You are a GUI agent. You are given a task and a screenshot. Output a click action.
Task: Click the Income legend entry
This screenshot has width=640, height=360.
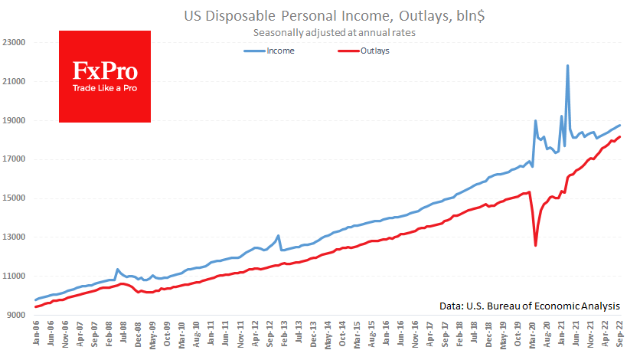pyautogui.click(x=280, y=51)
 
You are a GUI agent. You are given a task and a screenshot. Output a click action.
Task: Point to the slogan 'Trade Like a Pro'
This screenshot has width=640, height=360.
pyautogui.click(x=105, y=88)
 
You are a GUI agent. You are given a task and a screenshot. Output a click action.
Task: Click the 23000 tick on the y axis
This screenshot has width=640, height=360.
pyautogui.click(x=15, y=42)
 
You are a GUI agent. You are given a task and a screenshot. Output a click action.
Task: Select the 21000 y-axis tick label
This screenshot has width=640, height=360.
pyautogui.click(x=15, y=81)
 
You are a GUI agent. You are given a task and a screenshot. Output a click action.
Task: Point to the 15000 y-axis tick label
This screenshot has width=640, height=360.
pyautogui.click(x=15, y=198)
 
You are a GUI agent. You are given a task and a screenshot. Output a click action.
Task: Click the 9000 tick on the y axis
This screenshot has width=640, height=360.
pyautogui.click(x=17, y=314)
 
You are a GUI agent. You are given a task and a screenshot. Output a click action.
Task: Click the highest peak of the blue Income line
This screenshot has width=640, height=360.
pyautogui.click(x=567, y=66)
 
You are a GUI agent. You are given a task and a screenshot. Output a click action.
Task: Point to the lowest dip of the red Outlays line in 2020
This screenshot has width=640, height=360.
pyautogui.click(x=535, y=245)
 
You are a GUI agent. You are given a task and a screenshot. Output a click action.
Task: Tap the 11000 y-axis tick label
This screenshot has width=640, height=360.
pyautogui.click(x=15, y=276)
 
